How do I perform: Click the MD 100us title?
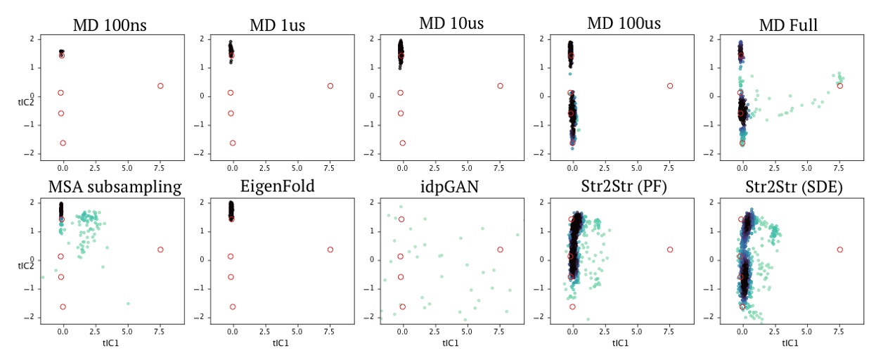click(619, 25)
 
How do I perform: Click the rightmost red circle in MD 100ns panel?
click(160, 86)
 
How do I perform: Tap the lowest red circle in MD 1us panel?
click(232, 143)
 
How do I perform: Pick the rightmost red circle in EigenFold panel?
click(330, 250)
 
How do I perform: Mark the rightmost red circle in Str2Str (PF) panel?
click(670, 250)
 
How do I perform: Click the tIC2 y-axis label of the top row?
click(26, 102)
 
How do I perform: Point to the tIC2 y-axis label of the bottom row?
click(26, 266)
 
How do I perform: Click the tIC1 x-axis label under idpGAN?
click(451, 343)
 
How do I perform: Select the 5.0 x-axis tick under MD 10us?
click(467, 169)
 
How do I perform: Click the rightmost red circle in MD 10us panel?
click(500, 86)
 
